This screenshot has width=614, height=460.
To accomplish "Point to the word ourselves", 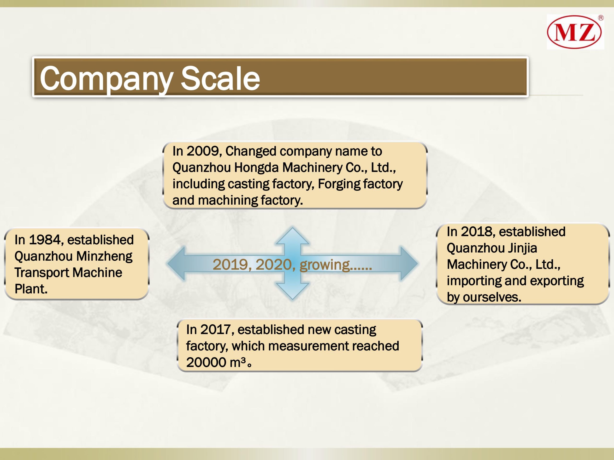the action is [492, 297].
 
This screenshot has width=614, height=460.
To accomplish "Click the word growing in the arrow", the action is [325, 265].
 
